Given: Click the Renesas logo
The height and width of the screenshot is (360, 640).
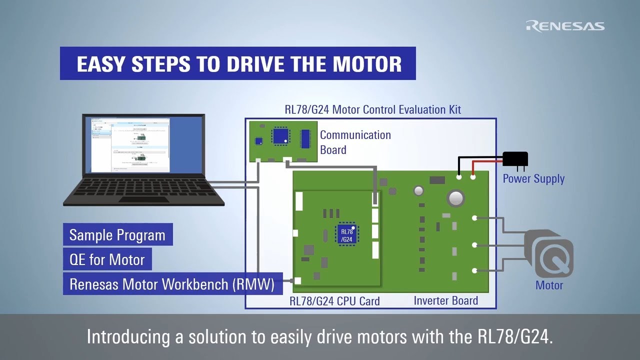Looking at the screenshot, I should pyautogui.click(x=565, y=26).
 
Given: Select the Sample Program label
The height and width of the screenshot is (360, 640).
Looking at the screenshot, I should pyautogui.click(x=117, y=235).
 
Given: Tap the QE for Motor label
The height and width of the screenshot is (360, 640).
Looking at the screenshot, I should pyautogui.click(x=107, y=259).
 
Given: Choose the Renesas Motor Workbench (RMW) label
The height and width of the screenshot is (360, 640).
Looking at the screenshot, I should pyautogui.click(x=172, y=284).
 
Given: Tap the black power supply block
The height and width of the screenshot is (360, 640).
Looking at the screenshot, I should pyautogui.click(x=514, y=159).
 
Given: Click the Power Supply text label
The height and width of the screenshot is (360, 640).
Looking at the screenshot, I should pyautogui.click(x=533, y=179).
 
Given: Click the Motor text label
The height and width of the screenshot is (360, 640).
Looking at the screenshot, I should pyautogui.click(x=549, y=285).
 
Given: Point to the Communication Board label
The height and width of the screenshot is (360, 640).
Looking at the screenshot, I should pyautogui.click(x=355, y=142).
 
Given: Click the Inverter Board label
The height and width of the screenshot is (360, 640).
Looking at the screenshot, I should pyautogui.click(x=445, y=300).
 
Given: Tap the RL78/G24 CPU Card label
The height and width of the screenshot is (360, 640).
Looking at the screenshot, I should pyautogui.click(x=334, y=301).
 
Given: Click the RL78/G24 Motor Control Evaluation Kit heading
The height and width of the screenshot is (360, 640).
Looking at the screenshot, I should pyautogui.click(x=372, y=109).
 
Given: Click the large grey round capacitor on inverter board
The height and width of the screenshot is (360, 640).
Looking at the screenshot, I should pyautogui.click(x=456, y=198).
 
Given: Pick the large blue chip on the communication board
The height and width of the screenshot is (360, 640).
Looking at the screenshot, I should pyautogui.click(x=280, y=136).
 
